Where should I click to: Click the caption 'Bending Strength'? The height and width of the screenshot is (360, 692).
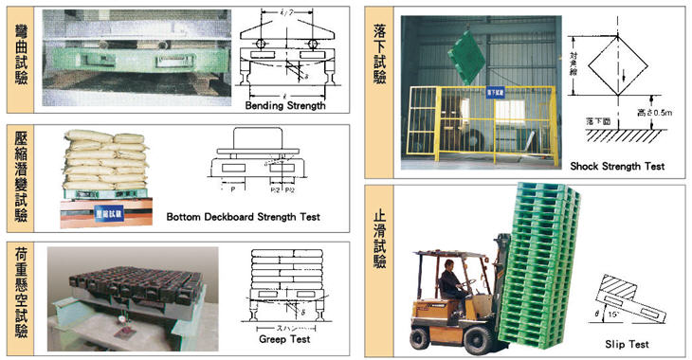point(284,106)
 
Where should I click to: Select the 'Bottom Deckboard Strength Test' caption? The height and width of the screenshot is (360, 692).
point(243,217)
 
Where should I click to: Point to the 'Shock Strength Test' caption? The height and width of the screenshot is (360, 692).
point(617,167)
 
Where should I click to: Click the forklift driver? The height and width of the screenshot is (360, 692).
point(453,284)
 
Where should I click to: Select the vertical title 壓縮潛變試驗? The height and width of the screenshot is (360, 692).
point(21,178)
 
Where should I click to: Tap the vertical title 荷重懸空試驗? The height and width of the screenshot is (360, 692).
point(21,295)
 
